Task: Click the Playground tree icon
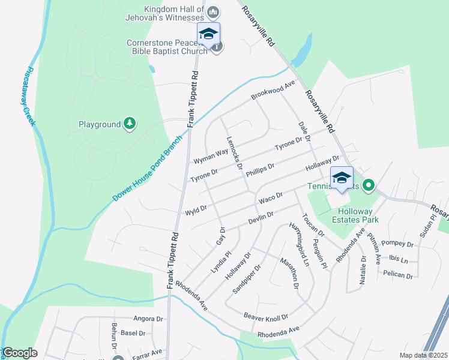(x=130, y=124)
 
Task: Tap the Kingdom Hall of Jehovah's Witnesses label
(x=174, y=13)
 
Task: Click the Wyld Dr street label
(x=196, y=211)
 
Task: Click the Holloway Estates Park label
(x=355, y=215)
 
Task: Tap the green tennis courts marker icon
(x=369, y=187)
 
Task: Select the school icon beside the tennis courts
(x=342, y=178)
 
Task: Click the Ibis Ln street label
(x=398, y=260)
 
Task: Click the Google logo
(x=20, y=353)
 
